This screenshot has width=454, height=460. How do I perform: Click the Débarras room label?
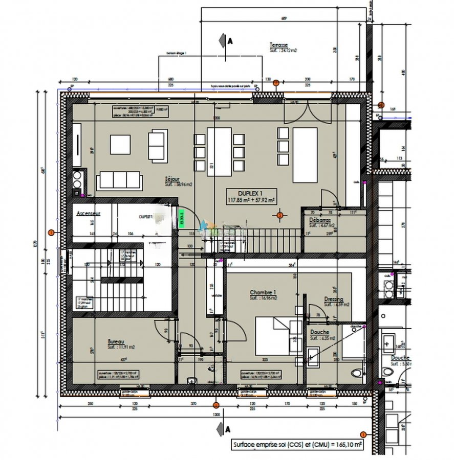click(320, 222)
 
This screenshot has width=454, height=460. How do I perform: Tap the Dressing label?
click(333, 302)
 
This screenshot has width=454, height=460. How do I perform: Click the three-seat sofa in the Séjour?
click(119, 180)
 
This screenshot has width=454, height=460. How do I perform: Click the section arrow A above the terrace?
click(223, 39)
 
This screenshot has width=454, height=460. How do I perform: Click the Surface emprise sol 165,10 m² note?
click(297, 445)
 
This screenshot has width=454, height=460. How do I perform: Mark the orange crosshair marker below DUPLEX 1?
click(279, 215)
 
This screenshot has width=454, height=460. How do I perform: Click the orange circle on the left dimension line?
click(51, 233)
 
